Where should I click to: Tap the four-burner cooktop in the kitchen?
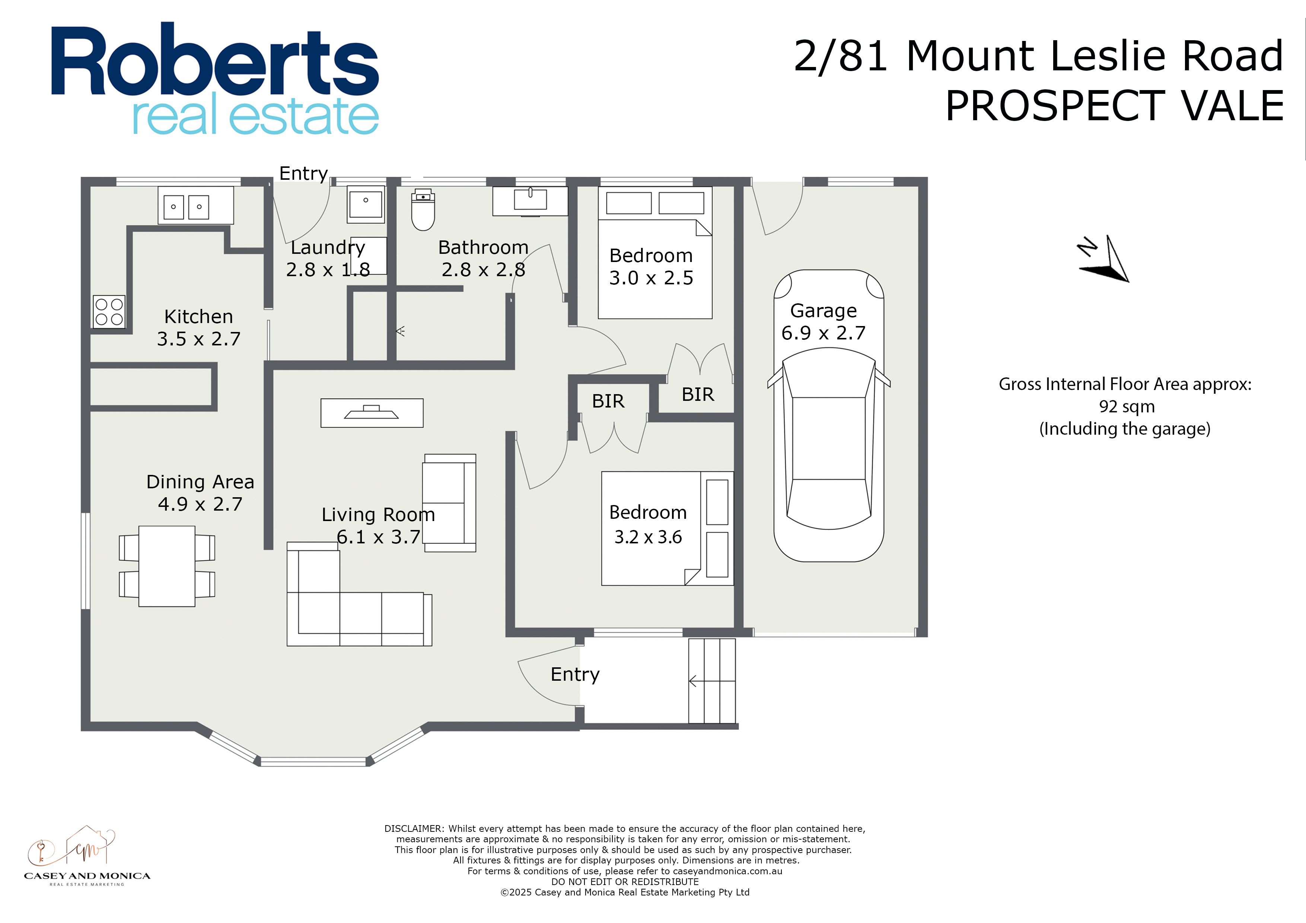[x=109, y=312]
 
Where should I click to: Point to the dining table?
[x=167, y=566]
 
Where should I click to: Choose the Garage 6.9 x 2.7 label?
[x=824, y=321]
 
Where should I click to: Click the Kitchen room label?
[x=198, y=316]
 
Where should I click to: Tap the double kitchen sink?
[x=196, y=205]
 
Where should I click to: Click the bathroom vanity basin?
[x=530, y=201]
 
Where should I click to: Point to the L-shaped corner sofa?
[x=359, y=594]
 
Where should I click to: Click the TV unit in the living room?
[x=372, y=413]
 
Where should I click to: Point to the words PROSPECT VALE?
[x=1114, y=106]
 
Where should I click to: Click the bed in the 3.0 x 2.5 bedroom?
[x=655, y=252]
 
